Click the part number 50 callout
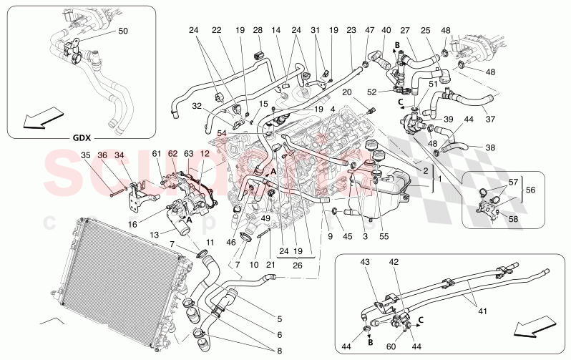(x=122, y=31)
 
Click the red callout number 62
(x=172, y=154)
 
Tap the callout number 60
(x=391, y=326)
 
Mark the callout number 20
(x=347, y=92)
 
